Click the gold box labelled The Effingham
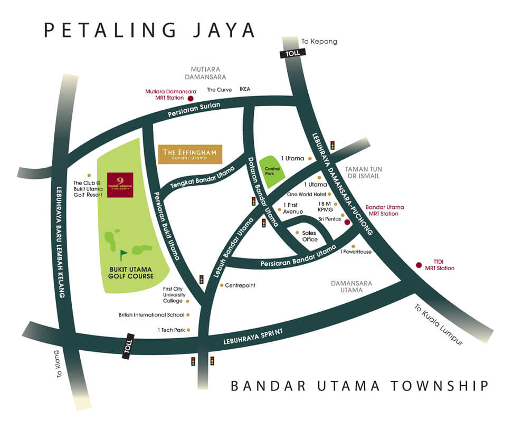click(x=190, y=154)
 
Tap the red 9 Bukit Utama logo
click(x=120, y=185)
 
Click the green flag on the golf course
click(x=123, y=255)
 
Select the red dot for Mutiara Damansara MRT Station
click(x=191, y=98)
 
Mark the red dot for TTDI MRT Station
click(x=419, y=265)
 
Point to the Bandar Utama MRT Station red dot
click(x=347, y=223)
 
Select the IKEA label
click(x=245, y=89)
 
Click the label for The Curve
click(x=220, y=89)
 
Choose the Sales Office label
click(x=310, y=236)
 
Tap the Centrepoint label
click(x=240, y=285)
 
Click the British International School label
click(x=151, y=315)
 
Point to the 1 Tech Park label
click(x=170, y=330)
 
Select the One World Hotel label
click(x=306, y=194)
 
